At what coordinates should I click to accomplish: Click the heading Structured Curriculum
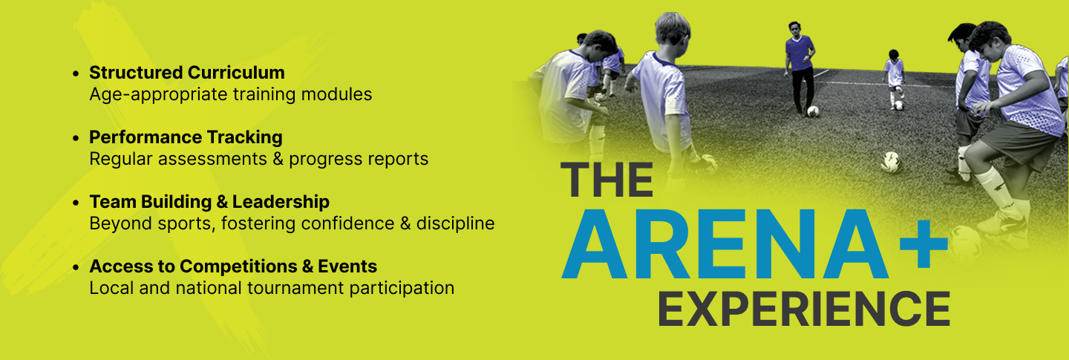[x=187, y=73]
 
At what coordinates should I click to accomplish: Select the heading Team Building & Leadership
[x=209, y=202]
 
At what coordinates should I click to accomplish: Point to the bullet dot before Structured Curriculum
[x=76, y=73]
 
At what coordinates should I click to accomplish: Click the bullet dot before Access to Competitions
[x=76, y=267]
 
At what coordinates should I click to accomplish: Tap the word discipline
[x=455, y=223]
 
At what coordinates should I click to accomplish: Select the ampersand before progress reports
[x=278, y=159]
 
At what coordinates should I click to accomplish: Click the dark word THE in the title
[x=607, y=180]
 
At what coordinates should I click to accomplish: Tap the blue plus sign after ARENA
[x=923, y=244]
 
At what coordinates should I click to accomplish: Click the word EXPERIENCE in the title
[x=804, y=309]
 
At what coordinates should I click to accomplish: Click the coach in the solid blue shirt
[x=800, y=67]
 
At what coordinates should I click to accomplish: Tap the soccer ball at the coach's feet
[x=813, y=112]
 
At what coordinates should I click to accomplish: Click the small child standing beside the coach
[x=894, y=79]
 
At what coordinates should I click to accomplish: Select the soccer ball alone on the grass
[x=891, y=162]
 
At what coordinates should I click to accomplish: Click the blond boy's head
[x=672, y=30]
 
